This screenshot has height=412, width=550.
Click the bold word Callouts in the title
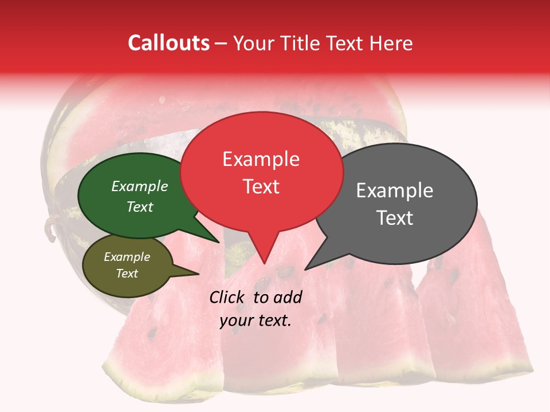[x=168, y=43]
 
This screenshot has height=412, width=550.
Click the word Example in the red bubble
[x=261, y=159]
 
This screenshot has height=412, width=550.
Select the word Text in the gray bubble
[x=395, y=218]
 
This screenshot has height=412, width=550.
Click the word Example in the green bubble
[x=139, y=187]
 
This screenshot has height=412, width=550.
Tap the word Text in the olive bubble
[x=127, y=274]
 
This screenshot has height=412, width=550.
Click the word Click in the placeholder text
[x=227, y=297]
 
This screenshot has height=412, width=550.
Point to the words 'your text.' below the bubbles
[x=256, y=321]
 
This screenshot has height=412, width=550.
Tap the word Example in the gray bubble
[x=394, y=191]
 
